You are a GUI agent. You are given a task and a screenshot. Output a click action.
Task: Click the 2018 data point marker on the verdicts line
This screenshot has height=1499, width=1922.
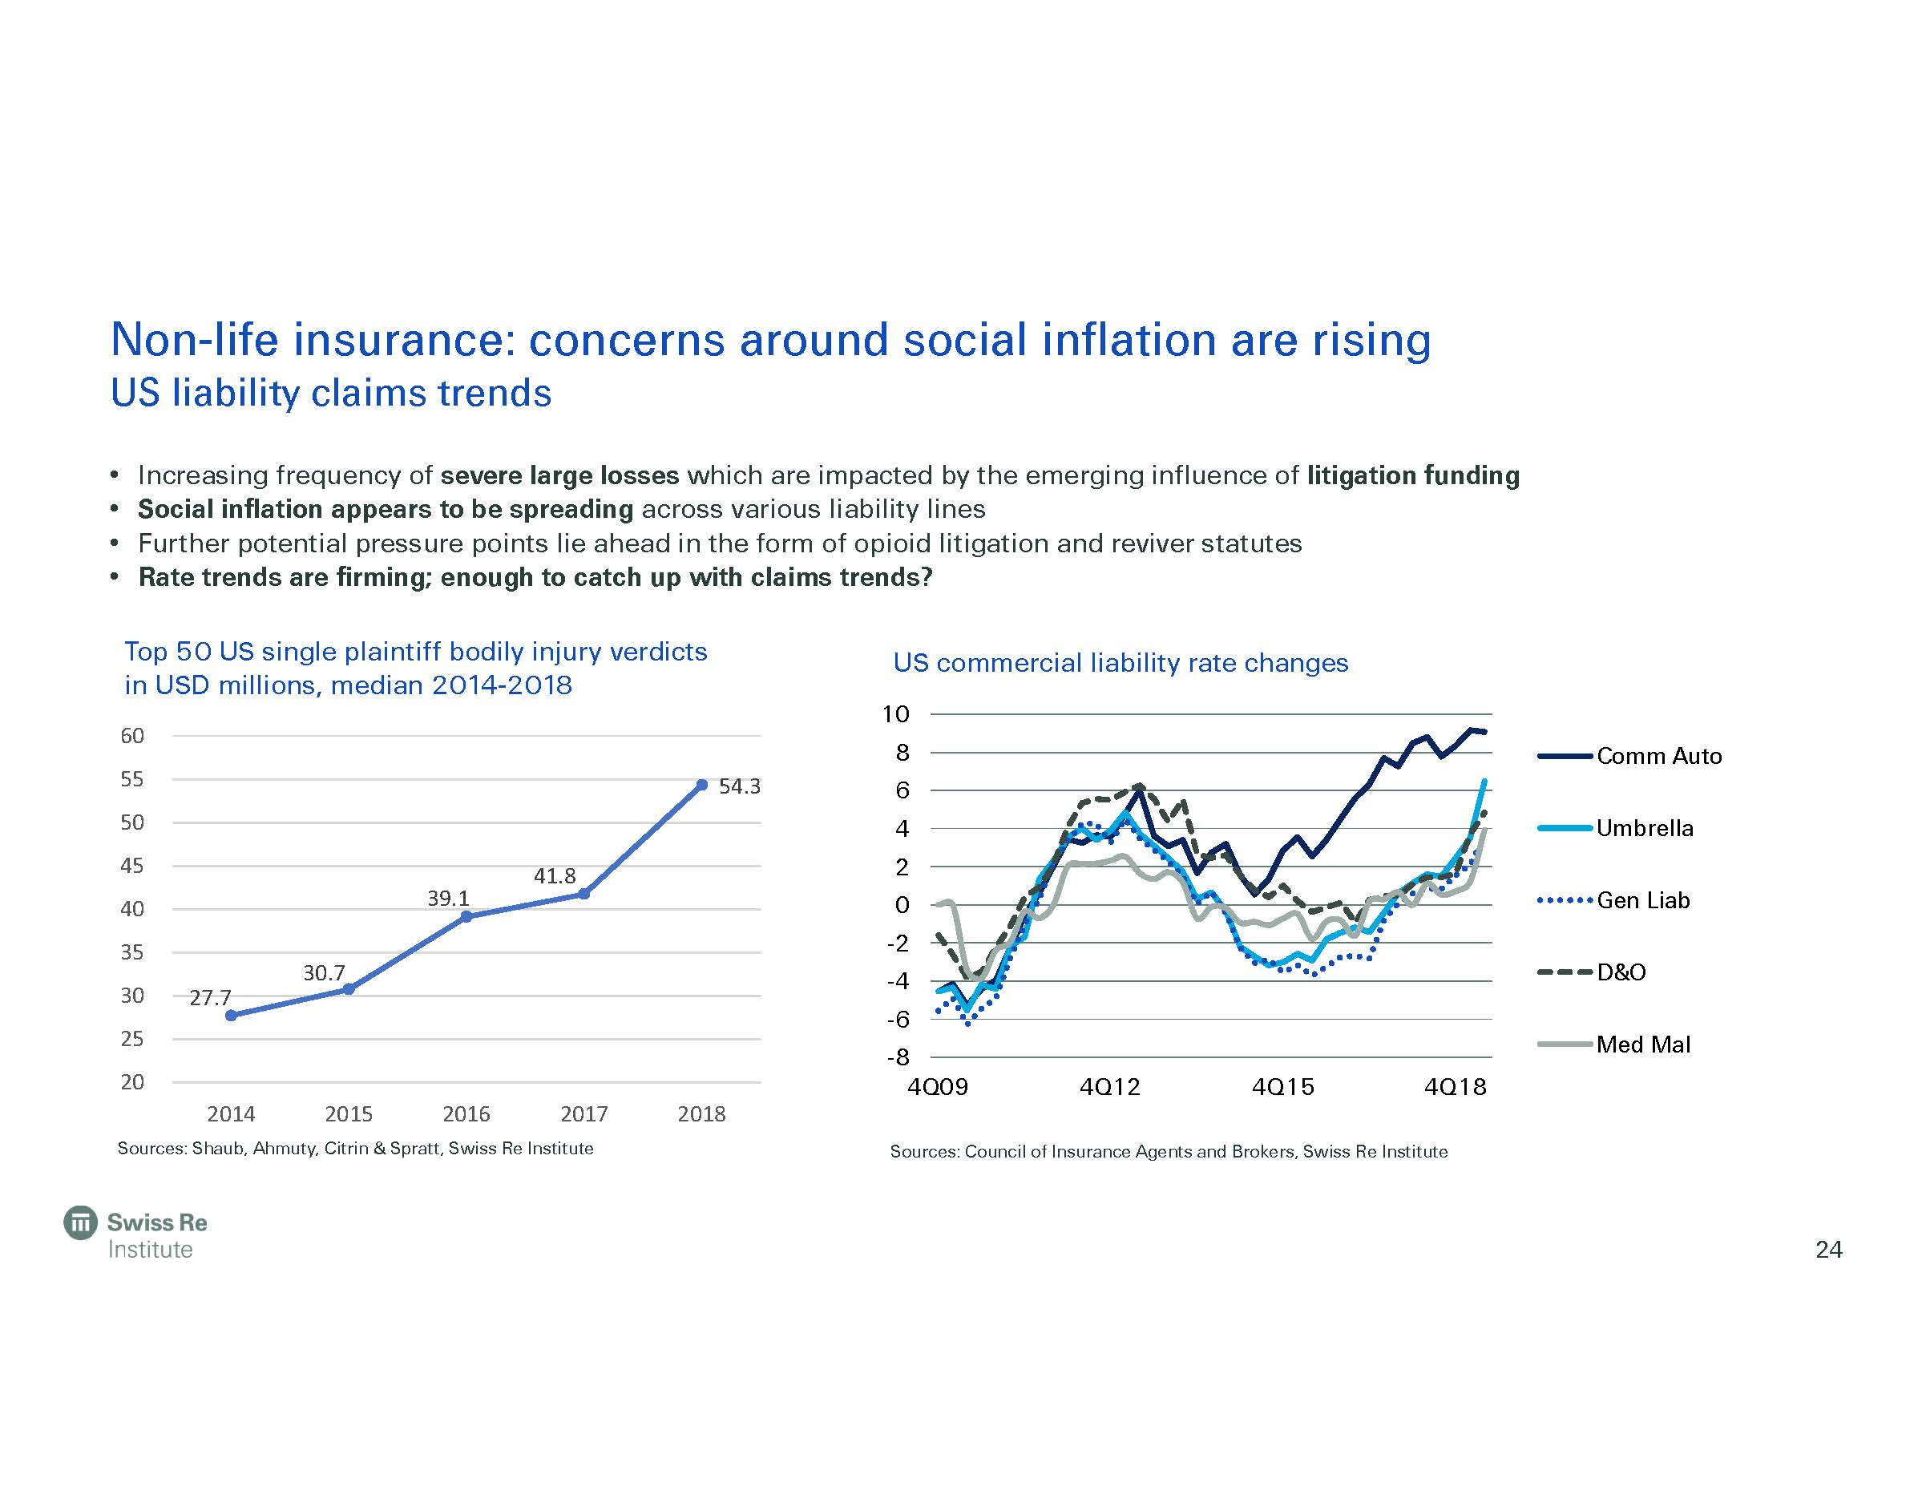coord(701,784)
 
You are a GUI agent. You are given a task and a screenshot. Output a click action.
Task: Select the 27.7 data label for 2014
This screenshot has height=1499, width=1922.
coord(210,997)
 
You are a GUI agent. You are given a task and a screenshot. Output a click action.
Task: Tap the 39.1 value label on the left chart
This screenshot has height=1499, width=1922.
coord(449,898)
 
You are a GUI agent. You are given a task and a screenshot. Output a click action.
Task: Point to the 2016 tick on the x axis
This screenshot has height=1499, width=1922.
coord(466,1113)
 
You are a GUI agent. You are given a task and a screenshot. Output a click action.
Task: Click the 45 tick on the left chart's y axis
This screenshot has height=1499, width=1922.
coord(132,865)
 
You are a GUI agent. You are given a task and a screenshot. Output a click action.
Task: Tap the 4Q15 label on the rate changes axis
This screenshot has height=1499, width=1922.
coord(1282,1087)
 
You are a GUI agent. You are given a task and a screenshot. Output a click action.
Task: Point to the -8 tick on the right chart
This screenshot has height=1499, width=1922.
coord(898,1057)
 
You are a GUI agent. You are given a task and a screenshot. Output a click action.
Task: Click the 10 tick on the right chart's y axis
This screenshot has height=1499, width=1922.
coord(896,714)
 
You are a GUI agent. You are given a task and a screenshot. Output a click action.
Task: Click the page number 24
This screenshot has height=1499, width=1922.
coord(1829,1250)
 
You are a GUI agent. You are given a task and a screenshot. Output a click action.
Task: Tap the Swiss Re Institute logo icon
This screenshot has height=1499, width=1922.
coord(81,1222)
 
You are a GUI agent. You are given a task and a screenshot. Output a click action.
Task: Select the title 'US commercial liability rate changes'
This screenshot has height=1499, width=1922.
coord(1120,663)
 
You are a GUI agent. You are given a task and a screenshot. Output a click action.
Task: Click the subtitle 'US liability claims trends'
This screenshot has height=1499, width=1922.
coord(331,393)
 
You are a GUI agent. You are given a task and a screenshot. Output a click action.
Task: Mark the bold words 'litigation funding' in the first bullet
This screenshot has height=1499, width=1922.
coord(1412,475)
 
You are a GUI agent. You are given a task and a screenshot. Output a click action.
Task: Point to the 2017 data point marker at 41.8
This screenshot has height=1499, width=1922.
coord(583,894)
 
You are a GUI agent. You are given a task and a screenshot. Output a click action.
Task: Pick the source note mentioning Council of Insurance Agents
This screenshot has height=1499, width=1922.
coord(1169,1151)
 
